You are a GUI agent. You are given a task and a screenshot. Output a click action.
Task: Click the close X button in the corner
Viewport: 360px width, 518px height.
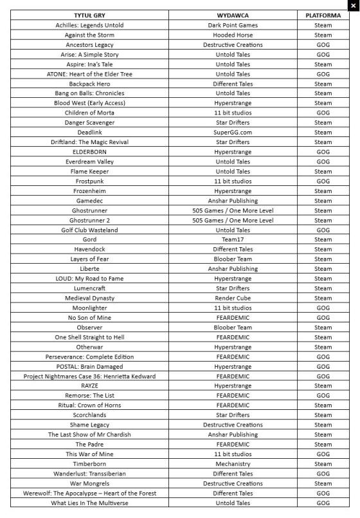point(352,5)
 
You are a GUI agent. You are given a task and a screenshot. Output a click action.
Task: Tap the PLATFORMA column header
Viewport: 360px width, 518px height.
point(323,15)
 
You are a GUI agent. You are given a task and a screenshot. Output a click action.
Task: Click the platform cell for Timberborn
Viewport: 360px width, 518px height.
point(323,463)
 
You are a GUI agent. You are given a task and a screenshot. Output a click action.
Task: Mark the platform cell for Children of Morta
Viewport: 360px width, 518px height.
point(323,113)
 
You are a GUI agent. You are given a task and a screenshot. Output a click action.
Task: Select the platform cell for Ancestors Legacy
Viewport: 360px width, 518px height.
point(323,45)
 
